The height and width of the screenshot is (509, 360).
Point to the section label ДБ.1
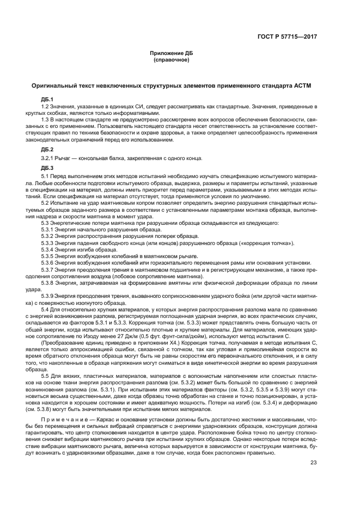click(x=47, y=99)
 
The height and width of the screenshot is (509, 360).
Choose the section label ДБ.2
click(x=47, y=149)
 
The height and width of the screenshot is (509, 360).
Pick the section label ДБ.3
click(x=47, y=168)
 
